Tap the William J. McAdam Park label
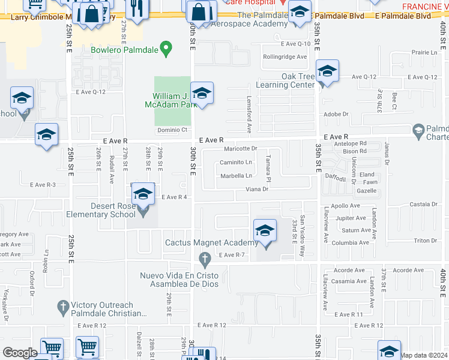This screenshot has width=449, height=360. tap(175, 100)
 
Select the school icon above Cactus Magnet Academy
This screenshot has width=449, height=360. tap(265, 230)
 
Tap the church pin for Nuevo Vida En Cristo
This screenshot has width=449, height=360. tap(205, 259)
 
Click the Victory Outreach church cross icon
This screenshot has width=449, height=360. tap(63, 307)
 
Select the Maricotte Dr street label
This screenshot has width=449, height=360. tap(240, 149)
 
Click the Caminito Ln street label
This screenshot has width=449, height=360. tap(235, 162)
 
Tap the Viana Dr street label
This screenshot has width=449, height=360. tap(256, 189)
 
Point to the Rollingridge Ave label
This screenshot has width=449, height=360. tap(285, 57)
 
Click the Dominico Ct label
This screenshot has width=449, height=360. tap(173, 130)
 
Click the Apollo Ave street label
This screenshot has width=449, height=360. tap(346, 206)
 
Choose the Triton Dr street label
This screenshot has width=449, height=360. tap(426, 240)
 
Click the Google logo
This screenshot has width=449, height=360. tap(20, 353)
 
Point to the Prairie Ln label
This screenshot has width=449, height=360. tap(426, 53)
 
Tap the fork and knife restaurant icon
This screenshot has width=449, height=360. tap(136, 8)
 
